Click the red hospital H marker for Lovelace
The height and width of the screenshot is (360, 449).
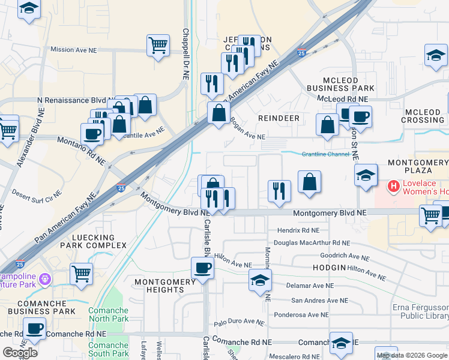pos(394,187)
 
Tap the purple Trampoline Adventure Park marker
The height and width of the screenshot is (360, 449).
pos(46,279)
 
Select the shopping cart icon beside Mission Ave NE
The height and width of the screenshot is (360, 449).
pos(158,44)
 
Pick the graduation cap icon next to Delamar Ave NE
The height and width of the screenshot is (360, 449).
pos(260,280)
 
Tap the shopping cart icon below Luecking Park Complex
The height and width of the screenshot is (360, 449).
pos(81,274)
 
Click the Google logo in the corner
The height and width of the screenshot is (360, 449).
pos(20,352)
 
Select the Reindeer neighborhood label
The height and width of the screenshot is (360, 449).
pos(279,118)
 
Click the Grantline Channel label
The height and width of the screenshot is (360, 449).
pos(326,154)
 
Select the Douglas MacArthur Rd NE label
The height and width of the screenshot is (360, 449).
pos(312,243)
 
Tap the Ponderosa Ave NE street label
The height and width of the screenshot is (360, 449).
pos(301,314)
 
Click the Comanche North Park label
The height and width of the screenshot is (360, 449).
pos(109,314)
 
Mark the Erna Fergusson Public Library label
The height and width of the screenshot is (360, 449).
pos(420,312)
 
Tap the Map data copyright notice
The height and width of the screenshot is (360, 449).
pos(411,355)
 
